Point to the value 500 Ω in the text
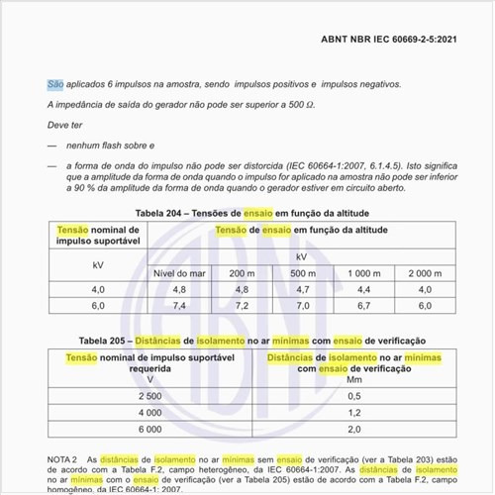(306, 105)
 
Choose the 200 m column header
(242, 272)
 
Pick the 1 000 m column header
(364, 272)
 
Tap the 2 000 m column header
(425, 272)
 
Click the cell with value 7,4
(180, 307)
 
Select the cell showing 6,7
(364, 307)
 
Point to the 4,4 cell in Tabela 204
(364, 289)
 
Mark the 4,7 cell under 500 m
(303, 289)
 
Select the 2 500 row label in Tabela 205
(150, 396)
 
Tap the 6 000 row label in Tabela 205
(150, 430)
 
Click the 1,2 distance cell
(353, 413)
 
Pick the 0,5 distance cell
(353, 396)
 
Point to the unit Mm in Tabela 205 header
(353, 379)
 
